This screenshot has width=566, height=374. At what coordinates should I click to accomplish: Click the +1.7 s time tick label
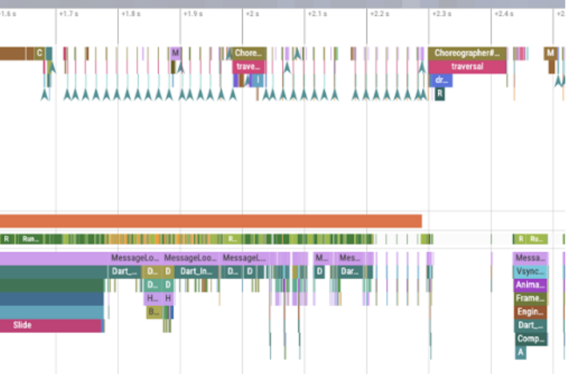point(69,13)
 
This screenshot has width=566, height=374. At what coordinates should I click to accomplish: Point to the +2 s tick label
point(253,13)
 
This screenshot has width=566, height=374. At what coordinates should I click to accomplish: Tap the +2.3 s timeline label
point(441,13)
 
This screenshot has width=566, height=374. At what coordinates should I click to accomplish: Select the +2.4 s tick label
point(504,13)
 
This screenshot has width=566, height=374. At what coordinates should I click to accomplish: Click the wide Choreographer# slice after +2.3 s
point(468,53)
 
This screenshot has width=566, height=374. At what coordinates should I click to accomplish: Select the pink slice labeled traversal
point(467,66)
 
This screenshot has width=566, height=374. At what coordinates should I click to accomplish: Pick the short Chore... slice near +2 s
point(250,53)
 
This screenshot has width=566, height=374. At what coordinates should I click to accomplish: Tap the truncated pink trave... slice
point(249,66)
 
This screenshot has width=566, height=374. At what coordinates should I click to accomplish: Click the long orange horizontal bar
point(210,221)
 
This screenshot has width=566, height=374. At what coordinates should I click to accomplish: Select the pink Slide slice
point(51,325)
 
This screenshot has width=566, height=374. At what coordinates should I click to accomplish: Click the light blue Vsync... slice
point(530,272)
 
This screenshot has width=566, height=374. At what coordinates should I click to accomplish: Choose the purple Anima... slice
point(530,285)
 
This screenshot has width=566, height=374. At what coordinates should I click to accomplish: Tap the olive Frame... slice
point(530,298)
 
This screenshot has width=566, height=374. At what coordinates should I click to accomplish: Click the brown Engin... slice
point(530,311)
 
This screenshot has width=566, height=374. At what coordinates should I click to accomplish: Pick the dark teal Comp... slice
point(530,339)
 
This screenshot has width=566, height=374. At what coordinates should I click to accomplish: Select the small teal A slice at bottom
point(520,352)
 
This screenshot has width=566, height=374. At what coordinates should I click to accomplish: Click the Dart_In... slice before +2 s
point(197,272)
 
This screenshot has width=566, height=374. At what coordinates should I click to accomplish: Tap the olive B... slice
point(154,312)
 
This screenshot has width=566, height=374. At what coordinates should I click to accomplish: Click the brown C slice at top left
point(39,53)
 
